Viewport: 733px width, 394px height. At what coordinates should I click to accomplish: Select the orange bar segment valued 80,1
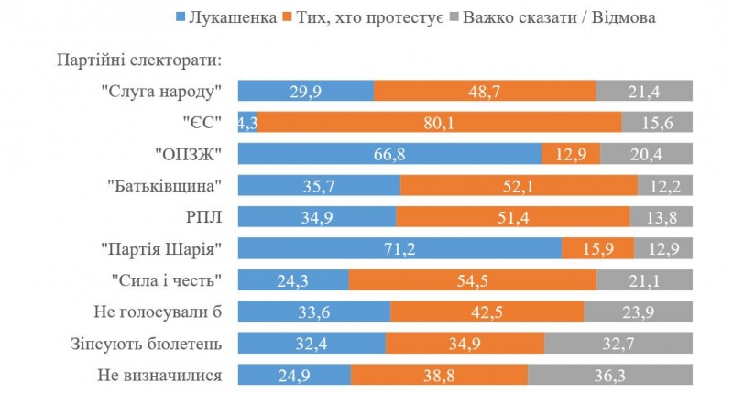point(439,122)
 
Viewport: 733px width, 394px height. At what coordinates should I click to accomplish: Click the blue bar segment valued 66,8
point(389,154)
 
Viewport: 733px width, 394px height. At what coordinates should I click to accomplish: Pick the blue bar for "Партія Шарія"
point(399,248)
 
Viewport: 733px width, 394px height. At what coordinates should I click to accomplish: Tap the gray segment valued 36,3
point(610,375)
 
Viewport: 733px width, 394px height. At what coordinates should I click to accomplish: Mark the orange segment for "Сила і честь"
point(473,280)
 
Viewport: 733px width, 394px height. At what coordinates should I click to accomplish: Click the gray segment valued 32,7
point(618,343)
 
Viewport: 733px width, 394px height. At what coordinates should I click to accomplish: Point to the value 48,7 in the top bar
point(485,91)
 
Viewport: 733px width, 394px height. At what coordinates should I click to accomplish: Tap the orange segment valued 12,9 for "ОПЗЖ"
point(571,154)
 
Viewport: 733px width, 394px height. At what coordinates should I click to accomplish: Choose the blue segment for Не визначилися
point(294,375)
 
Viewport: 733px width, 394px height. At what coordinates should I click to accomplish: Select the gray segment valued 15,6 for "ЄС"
point(657,122)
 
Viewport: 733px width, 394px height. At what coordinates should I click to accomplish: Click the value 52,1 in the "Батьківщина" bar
point(519,185)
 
